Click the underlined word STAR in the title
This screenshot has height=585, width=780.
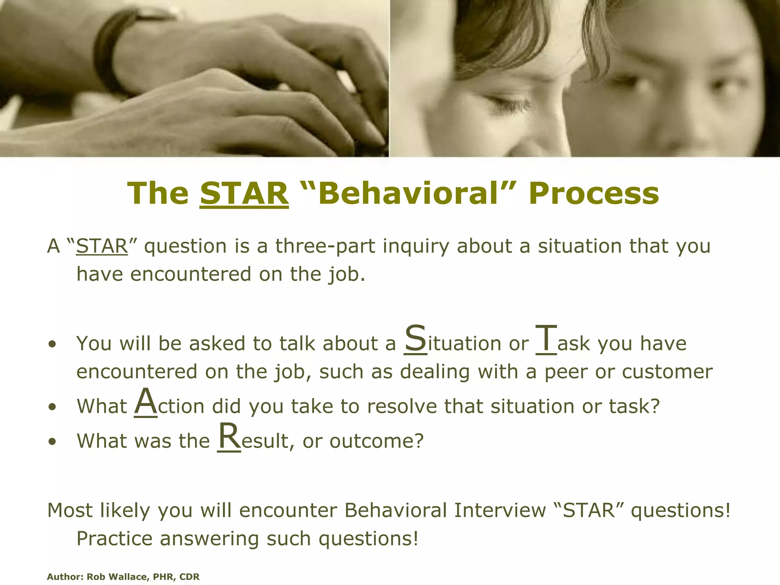(x=244, y=193)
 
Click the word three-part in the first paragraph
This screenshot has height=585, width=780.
(x=325, y=246)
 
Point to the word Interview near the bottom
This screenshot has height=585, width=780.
(x=500, y=510)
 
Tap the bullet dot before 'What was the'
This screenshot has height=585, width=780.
(x=52, y=442)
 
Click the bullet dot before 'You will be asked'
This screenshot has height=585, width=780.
(x=52, y=344)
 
